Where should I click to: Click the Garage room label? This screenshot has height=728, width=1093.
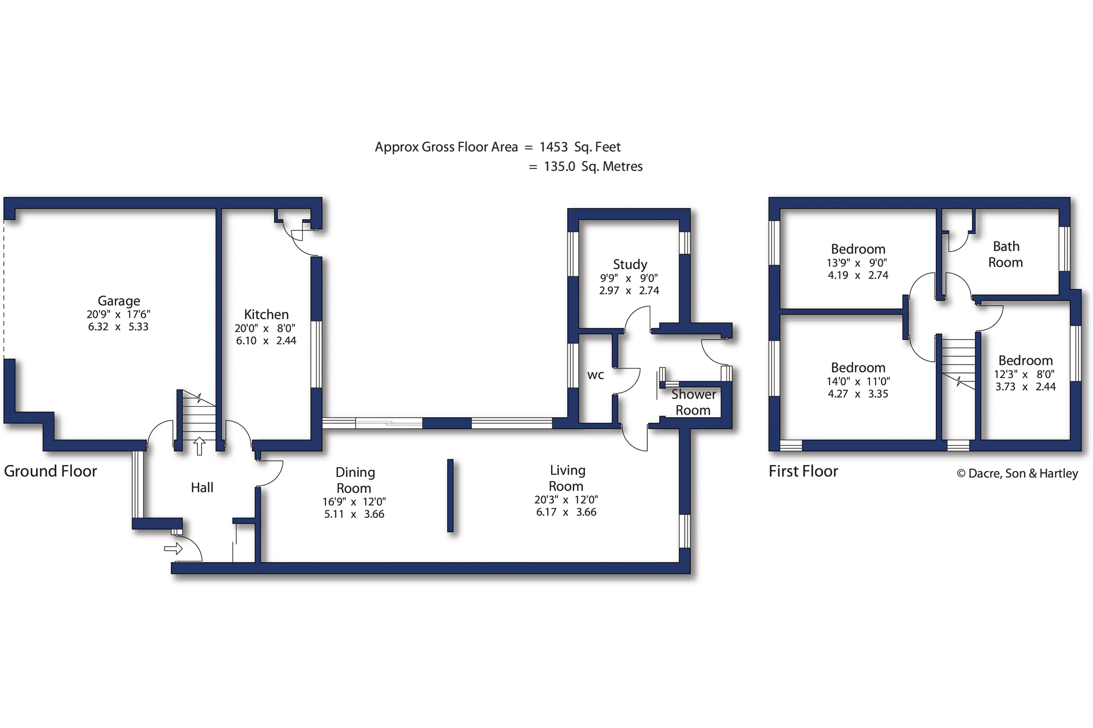click(119, 301)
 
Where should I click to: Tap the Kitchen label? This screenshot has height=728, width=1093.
click(266, 314)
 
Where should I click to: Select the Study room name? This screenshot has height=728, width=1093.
click(630, 265)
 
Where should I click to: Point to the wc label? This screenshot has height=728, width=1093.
click(595, 376)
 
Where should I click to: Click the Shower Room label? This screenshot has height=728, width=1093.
click(694, 402)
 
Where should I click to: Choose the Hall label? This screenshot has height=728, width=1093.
click(202, 487)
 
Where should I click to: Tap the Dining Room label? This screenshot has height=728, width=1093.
click(355, 480)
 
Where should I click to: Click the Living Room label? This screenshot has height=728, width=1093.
click(567, 478)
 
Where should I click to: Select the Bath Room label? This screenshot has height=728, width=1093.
click(1006, 254)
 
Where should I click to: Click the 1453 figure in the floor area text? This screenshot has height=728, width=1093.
click(553, 147)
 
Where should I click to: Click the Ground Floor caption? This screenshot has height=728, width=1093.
click(50, 471)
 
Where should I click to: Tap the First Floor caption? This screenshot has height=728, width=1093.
click(803, 471)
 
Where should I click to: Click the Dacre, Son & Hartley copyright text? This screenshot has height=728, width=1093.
click(1017, 474)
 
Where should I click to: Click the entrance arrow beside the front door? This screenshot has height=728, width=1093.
click(174, 549)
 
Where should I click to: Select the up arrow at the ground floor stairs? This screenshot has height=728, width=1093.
click(199, 446)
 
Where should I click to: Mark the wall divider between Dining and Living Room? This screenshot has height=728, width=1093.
click(450, 495)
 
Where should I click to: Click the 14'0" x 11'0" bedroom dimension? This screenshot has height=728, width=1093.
click(858, 381)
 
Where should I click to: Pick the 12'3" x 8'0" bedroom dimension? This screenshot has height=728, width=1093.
click(1024, 375)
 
